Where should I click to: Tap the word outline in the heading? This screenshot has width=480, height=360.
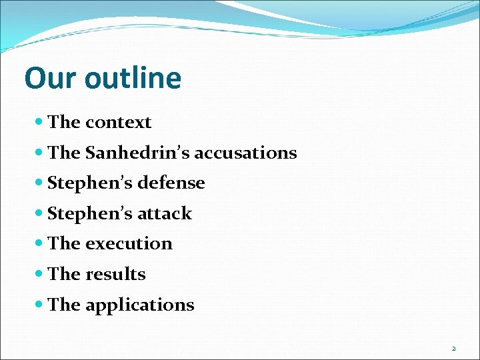pos(133,78)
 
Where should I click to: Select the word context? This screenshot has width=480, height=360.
pos(118,123)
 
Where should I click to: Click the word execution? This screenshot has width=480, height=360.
pos(129,244)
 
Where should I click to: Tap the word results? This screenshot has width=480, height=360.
pos(115,274)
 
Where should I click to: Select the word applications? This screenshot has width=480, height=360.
pos(140,305)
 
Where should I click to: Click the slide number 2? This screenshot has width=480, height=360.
pos(454,348)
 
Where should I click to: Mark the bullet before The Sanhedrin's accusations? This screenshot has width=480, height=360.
pos(39,153)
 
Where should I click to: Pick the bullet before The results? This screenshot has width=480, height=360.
pos(39,274)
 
